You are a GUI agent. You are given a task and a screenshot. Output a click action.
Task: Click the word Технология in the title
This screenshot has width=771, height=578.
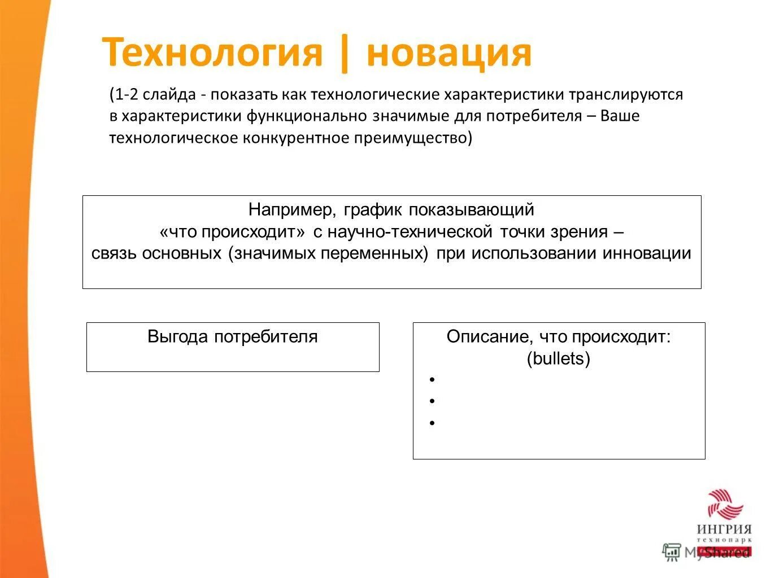(212, 53)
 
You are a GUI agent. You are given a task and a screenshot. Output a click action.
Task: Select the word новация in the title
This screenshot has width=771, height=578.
(448, 53)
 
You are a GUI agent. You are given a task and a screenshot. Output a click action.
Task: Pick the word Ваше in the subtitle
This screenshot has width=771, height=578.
(620, 116)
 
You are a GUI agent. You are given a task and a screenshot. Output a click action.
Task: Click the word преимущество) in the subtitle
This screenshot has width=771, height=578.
(413, 138)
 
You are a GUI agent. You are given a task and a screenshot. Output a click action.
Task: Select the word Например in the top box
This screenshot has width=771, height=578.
(290, 210)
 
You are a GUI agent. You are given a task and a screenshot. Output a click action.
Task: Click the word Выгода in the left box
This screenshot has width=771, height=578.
(178, 337)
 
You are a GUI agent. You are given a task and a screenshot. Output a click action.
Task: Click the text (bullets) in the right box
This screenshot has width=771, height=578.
(558, 359)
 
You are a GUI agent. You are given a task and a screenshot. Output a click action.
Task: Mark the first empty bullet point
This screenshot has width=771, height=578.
(432, 380)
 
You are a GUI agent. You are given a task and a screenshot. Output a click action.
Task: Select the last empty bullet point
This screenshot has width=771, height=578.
(432, 423)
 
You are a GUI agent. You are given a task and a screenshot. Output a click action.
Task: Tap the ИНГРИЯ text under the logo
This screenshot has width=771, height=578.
(724, 529)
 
